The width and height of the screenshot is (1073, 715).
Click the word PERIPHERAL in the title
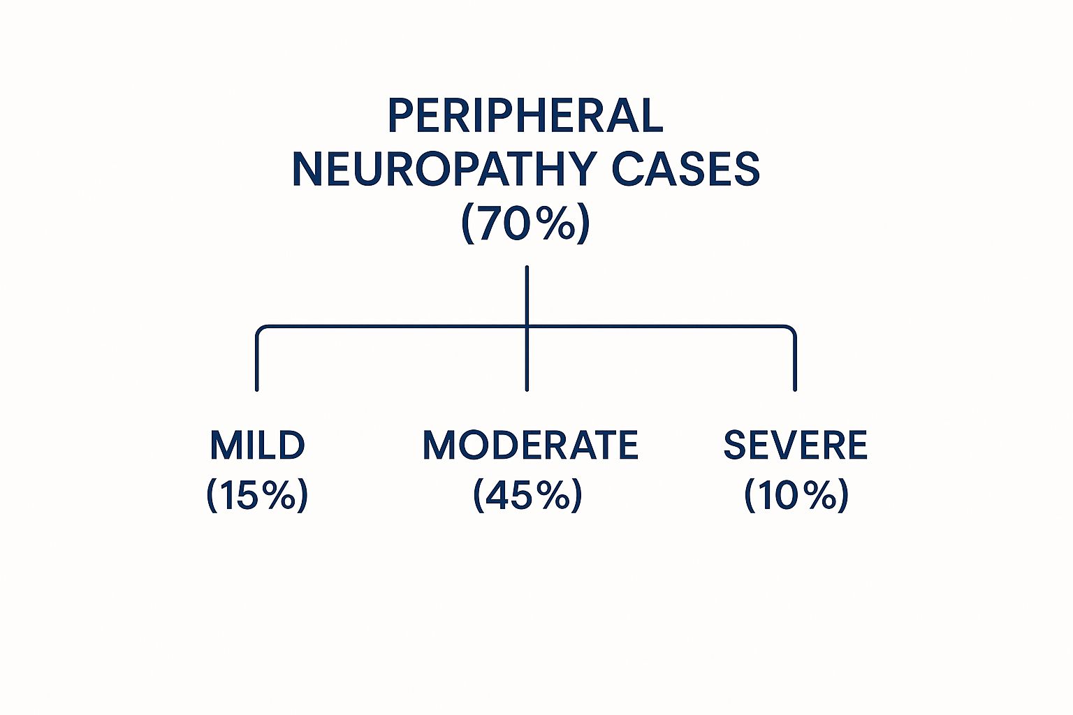(525, 116)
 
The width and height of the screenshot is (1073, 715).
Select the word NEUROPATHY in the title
(444, 169)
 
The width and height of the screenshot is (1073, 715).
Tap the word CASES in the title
(685, 169)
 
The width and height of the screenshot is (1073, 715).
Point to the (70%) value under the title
(525, 223)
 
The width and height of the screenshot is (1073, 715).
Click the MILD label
(257, 445)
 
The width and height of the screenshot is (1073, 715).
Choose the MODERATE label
(530, 445)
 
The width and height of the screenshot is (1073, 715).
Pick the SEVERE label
(795, 445)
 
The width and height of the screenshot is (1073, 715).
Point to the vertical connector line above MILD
(257, 363)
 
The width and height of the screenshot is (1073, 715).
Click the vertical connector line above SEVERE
(795, 363)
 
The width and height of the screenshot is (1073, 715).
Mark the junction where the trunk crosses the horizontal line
(527, 326)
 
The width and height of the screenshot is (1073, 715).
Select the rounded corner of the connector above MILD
(261, 330)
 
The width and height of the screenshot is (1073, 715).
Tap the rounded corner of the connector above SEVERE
(791, 330)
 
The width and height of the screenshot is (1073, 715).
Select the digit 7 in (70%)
(493, 223)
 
